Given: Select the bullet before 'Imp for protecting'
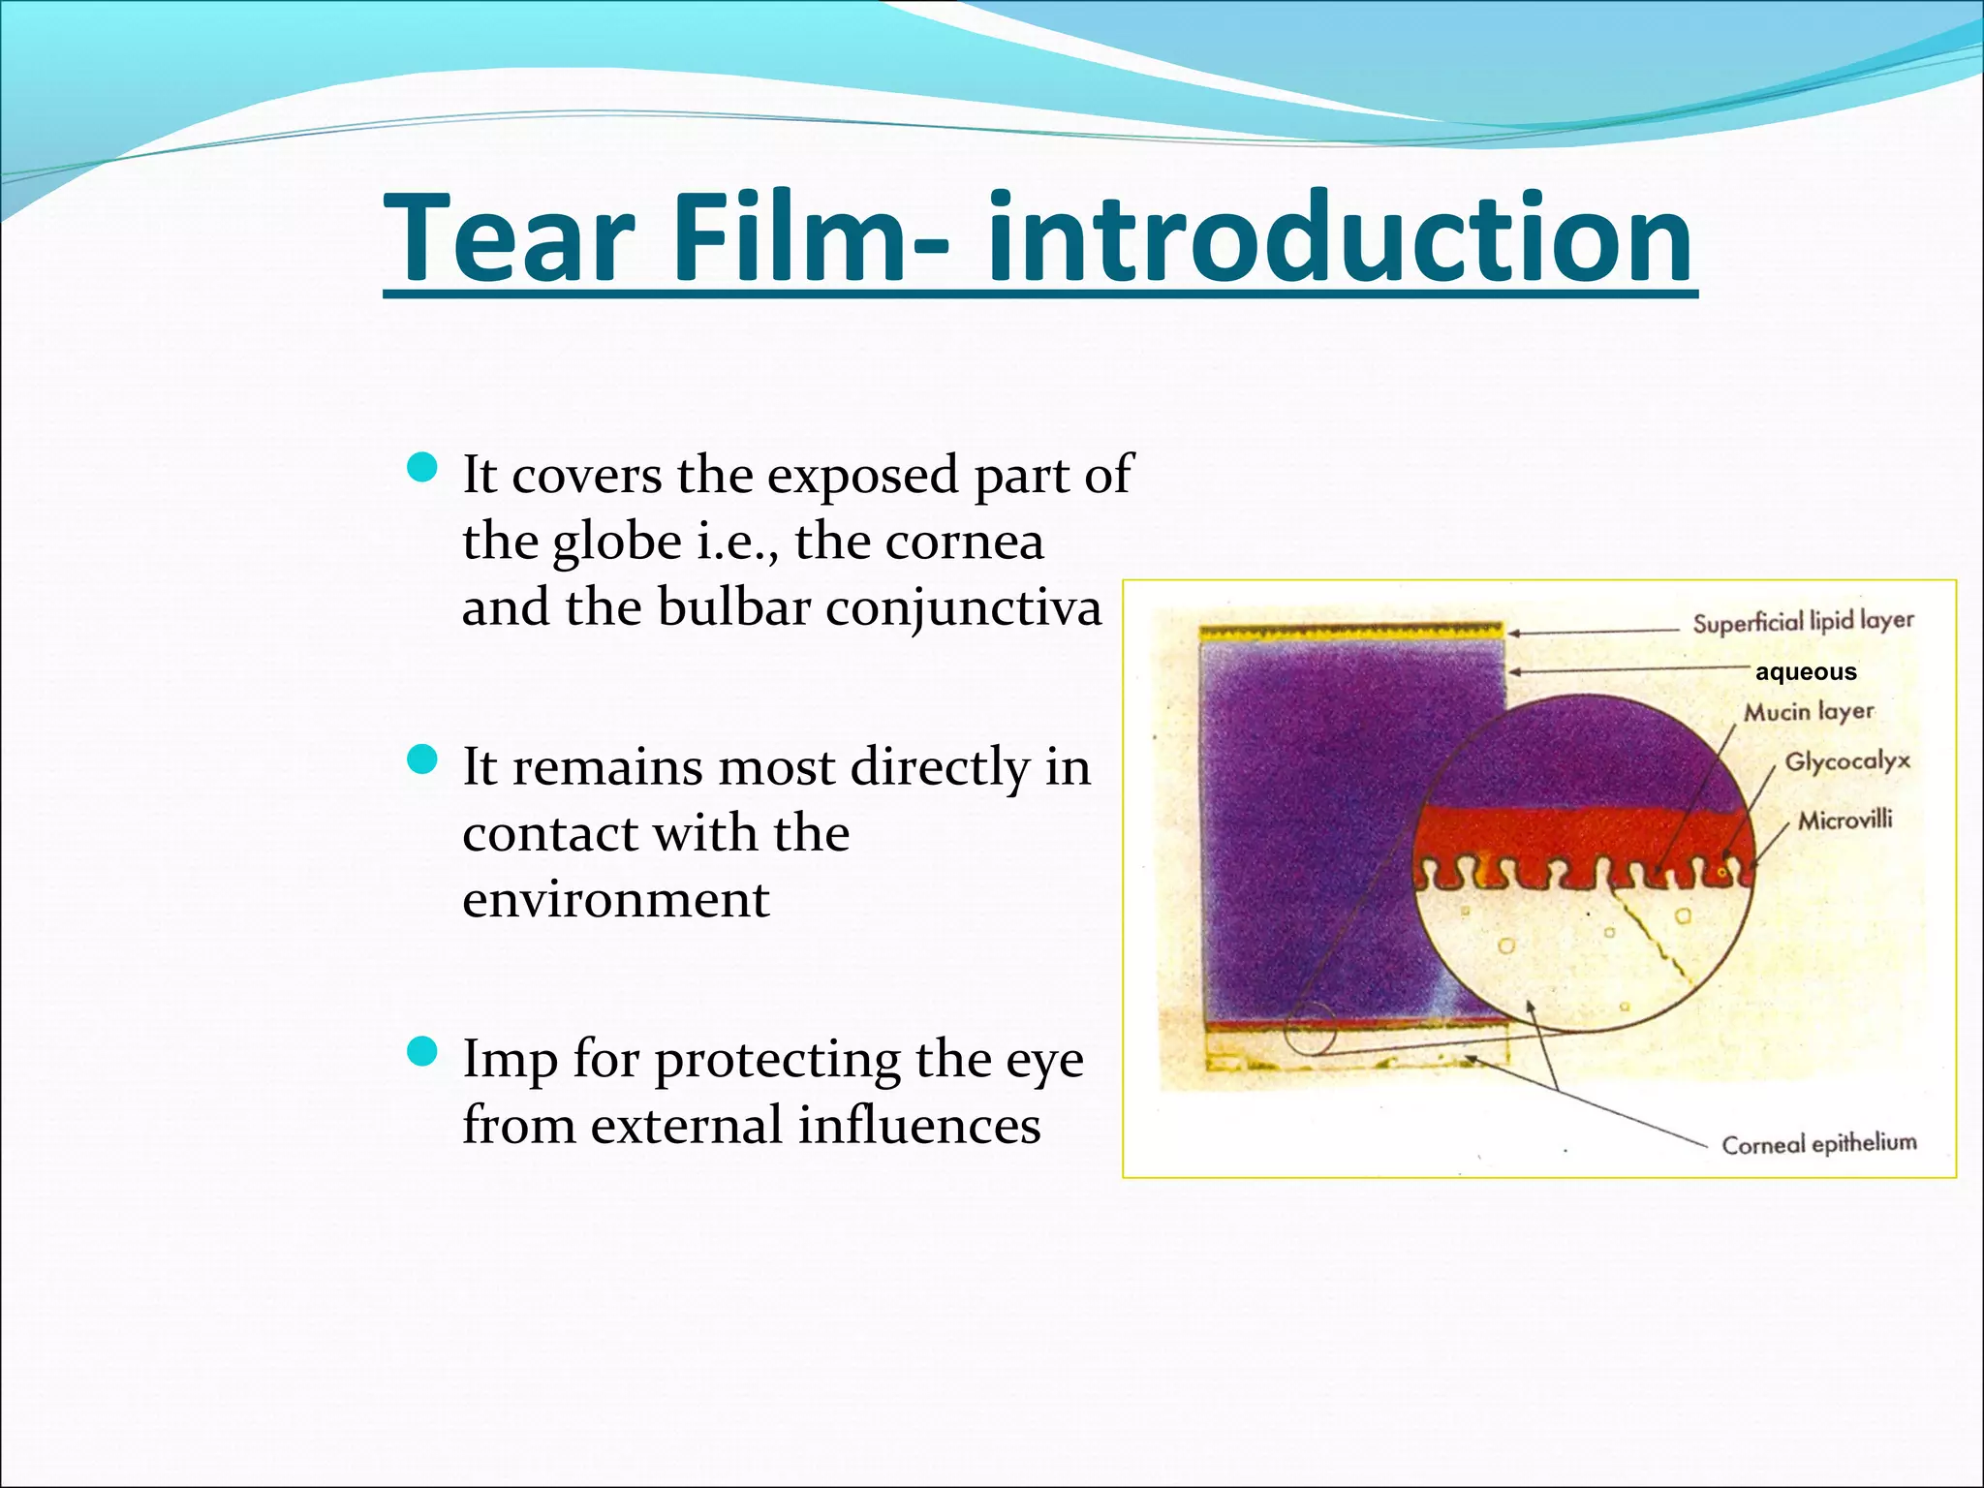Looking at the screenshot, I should pyautogui.click(x=422, y=1051).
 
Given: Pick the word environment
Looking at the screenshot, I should pyautogui.click(x=616, y=899).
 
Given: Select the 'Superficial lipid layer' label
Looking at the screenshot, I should pyautogui.click(x=1803, y=621).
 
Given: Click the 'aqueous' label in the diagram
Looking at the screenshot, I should pyautogui.click(x=1806, y=672).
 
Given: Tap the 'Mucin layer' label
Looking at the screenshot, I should pyautogui.click(x=1809, y=712).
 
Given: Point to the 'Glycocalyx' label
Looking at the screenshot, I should pyautogui.click(x=1847, y=761).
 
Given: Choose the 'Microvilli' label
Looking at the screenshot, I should pyautogui.click(x=1844, y=821).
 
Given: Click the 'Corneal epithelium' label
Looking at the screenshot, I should pyautogui.click(x=1818, y=1144).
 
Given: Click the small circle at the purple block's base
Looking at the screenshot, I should pyautogui.click(x=1311, y=1029).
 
